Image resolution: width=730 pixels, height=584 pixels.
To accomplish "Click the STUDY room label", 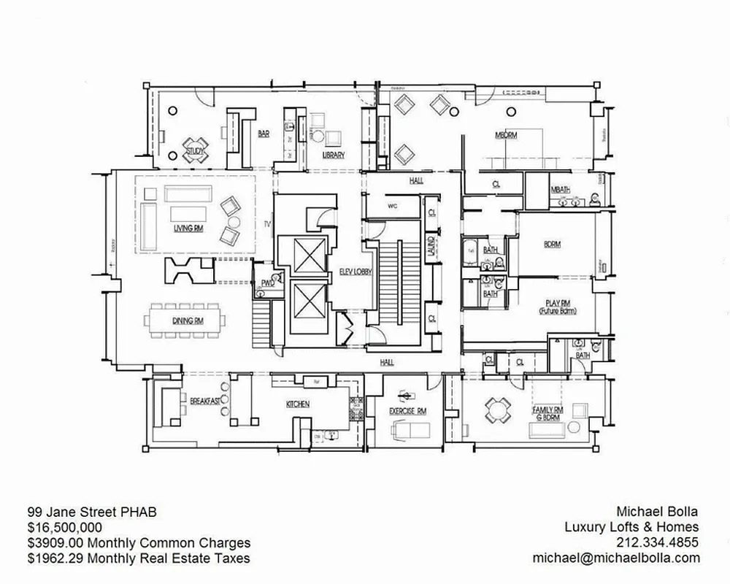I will point(195,151).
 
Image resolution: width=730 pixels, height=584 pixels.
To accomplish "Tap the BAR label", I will point(264,134).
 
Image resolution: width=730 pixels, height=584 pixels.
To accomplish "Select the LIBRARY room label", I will point(333,155).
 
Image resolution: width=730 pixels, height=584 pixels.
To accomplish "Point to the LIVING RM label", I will point(188,228).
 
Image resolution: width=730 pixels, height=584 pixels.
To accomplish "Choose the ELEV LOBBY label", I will point(356,272).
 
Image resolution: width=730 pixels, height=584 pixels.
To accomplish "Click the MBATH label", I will point(561,190).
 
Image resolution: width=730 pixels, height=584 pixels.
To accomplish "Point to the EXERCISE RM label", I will point(407,411).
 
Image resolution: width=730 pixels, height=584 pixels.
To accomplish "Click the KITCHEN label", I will point(297,404).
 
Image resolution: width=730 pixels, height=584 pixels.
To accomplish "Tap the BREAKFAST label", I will point(205,401).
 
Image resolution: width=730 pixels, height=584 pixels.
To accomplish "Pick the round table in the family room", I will point(497,410).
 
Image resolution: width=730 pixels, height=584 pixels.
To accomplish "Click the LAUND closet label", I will point(431,244).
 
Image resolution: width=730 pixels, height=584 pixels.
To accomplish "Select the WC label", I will point(391,205).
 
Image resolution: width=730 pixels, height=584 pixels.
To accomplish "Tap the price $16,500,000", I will point(65,527).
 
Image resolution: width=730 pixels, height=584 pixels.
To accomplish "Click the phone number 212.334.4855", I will point(658,542).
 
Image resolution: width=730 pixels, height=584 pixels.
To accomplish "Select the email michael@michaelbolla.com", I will point(616,558).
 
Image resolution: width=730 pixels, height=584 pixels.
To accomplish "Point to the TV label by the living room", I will point(267,224).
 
